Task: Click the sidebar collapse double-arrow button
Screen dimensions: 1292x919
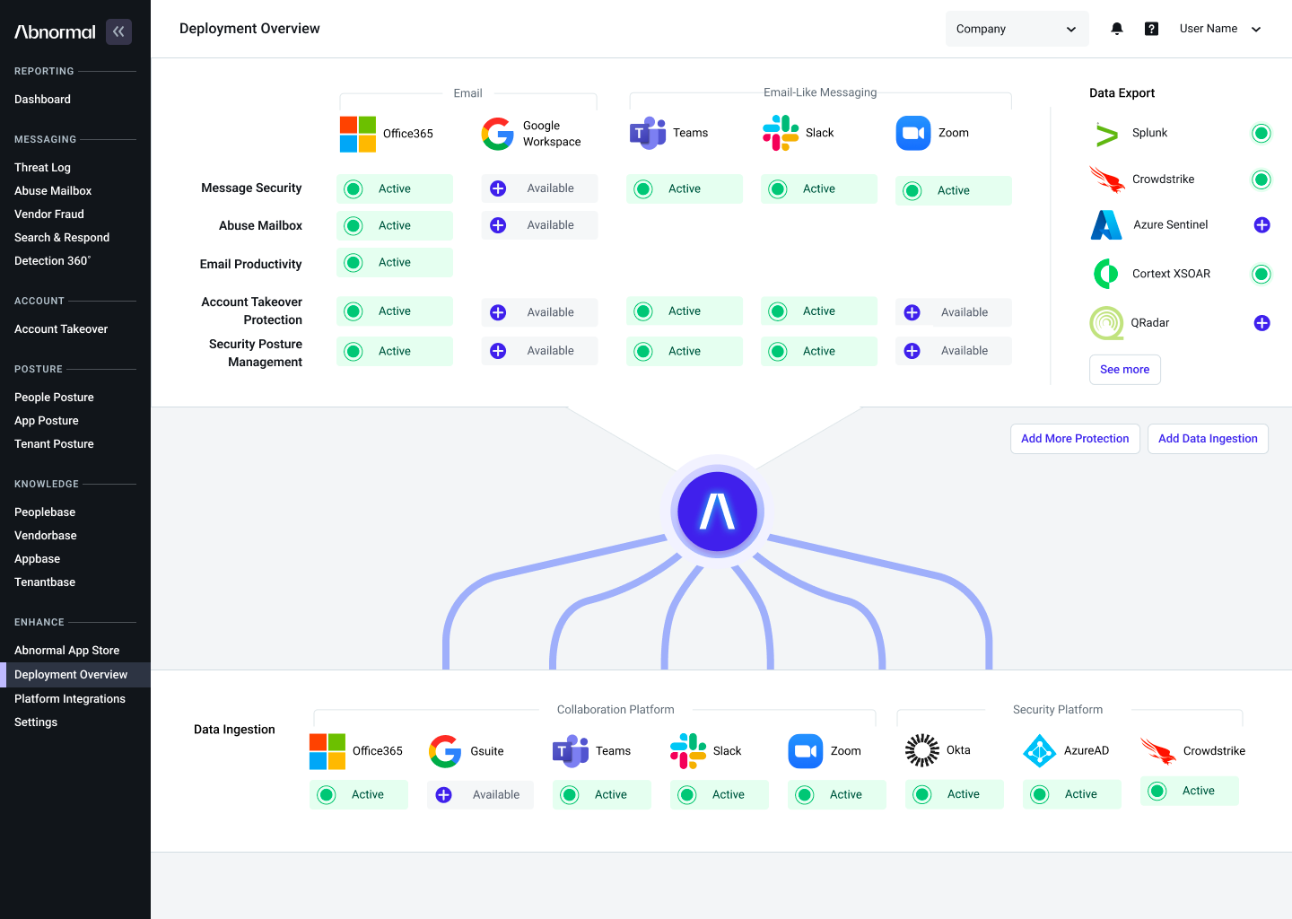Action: pyautogui.click(x=118, y=31)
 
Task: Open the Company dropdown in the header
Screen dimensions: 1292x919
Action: pyautogui.click(x=1017, y=29)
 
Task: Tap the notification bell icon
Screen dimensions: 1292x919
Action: pyautogui.click(x=1117, y=29)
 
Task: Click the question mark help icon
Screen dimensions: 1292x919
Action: pyautogui.click(x=1151, y=29)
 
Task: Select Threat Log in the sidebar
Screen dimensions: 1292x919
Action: pyautogui.click(x=42, y=167)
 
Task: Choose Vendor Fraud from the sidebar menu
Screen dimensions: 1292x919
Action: pyautogui.click(x=49, y=214)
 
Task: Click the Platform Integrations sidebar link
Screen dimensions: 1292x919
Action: pyautogui.click(x=70, y=698)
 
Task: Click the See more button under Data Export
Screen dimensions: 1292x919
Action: pyautogui.click(x=1125, y=369)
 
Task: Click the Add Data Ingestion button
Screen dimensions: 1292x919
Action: pyautogui.click(x=1208, y=439)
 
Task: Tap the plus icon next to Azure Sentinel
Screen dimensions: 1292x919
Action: pyautogui.click(x=1261, y=225)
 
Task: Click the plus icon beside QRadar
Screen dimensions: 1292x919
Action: pyautogui.click(x=1261, y=323)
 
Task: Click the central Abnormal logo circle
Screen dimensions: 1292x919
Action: pyautogui.click(x=717, y=512)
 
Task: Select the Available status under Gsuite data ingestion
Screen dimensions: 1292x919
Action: pyautogui.click(x=480, y=794)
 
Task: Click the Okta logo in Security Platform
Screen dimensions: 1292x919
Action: pyautogui.click(x=921, y=750)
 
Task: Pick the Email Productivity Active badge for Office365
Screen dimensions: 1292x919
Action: pyautogui.click(x=395, y=262)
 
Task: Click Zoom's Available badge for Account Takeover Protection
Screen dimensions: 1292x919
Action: pyautogui.click(x=953, y=312)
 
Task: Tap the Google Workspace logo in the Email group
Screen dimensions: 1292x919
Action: pyautogui.click(x=497, y=134)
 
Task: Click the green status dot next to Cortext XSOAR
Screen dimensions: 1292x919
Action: pyautogui.click(x=1261, y=274)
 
